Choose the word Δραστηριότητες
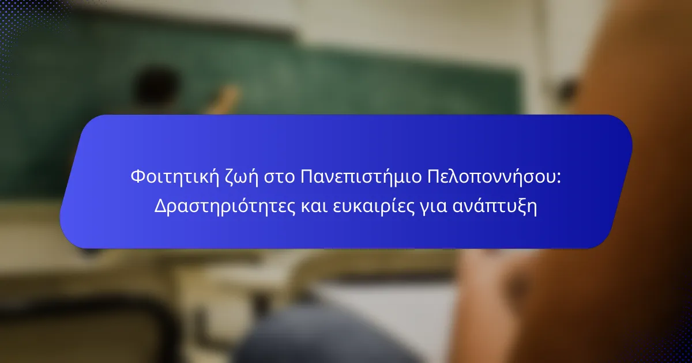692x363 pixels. [225, 206]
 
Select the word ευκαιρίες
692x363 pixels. [374, 207]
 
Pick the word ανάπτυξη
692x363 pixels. [495, 206]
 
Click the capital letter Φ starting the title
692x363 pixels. [138, 176]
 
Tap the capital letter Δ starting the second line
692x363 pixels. [161, 206]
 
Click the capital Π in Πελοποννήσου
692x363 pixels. [434, 176]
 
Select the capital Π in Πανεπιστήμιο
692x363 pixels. [307, 176]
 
